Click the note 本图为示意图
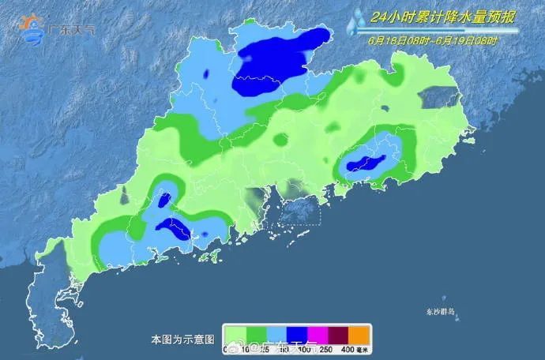tap(182, 339)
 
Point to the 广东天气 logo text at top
tap(71, 30)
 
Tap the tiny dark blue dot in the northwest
tap(206, 74)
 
